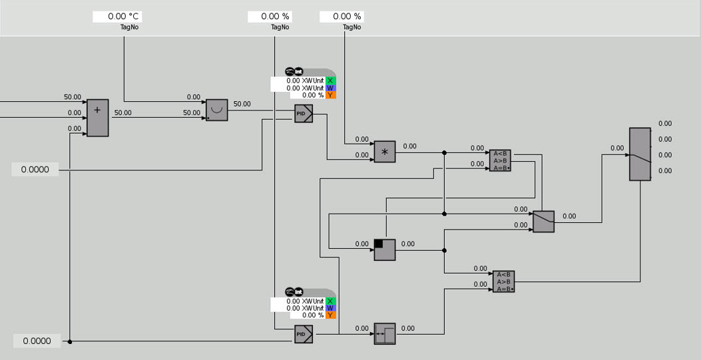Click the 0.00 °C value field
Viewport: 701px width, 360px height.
click(x=117, y=17)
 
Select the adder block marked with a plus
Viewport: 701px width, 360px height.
click(x=97, y=118)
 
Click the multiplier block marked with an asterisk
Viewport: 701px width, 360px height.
click(x=385, y=152)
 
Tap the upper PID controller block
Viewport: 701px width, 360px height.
click(x=304, y=114)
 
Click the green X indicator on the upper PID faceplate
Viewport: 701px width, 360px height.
click(x=331, y=81)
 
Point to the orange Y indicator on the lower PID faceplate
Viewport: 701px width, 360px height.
click(x=331, y=315)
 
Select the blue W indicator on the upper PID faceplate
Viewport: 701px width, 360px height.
click(x=331, y=88)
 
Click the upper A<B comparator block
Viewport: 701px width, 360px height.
click(x=500, y=160)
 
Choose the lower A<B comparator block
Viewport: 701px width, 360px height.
click(x=503, y=281)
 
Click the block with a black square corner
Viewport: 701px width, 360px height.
click(x=385, y=250)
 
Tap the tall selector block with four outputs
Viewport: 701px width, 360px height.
click(x=640, y=154)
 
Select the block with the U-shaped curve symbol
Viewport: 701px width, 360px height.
click(x=216, y=110)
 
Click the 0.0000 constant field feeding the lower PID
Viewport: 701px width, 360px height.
click(x=37, y=341)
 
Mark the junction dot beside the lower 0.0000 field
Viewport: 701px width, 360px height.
click(x=70, y=341)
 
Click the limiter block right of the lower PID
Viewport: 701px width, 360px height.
click(x=385, y=333)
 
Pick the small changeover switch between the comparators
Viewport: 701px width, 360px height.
click(x=543, y=222)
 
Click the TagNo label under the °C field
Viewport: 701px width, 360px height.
click(x=129, y=27)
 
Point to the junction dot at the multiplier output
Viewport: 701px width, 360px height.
click(x=444, y=152)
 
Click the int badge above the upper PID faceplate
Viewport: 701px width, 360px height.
click(x=299, y=71)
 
